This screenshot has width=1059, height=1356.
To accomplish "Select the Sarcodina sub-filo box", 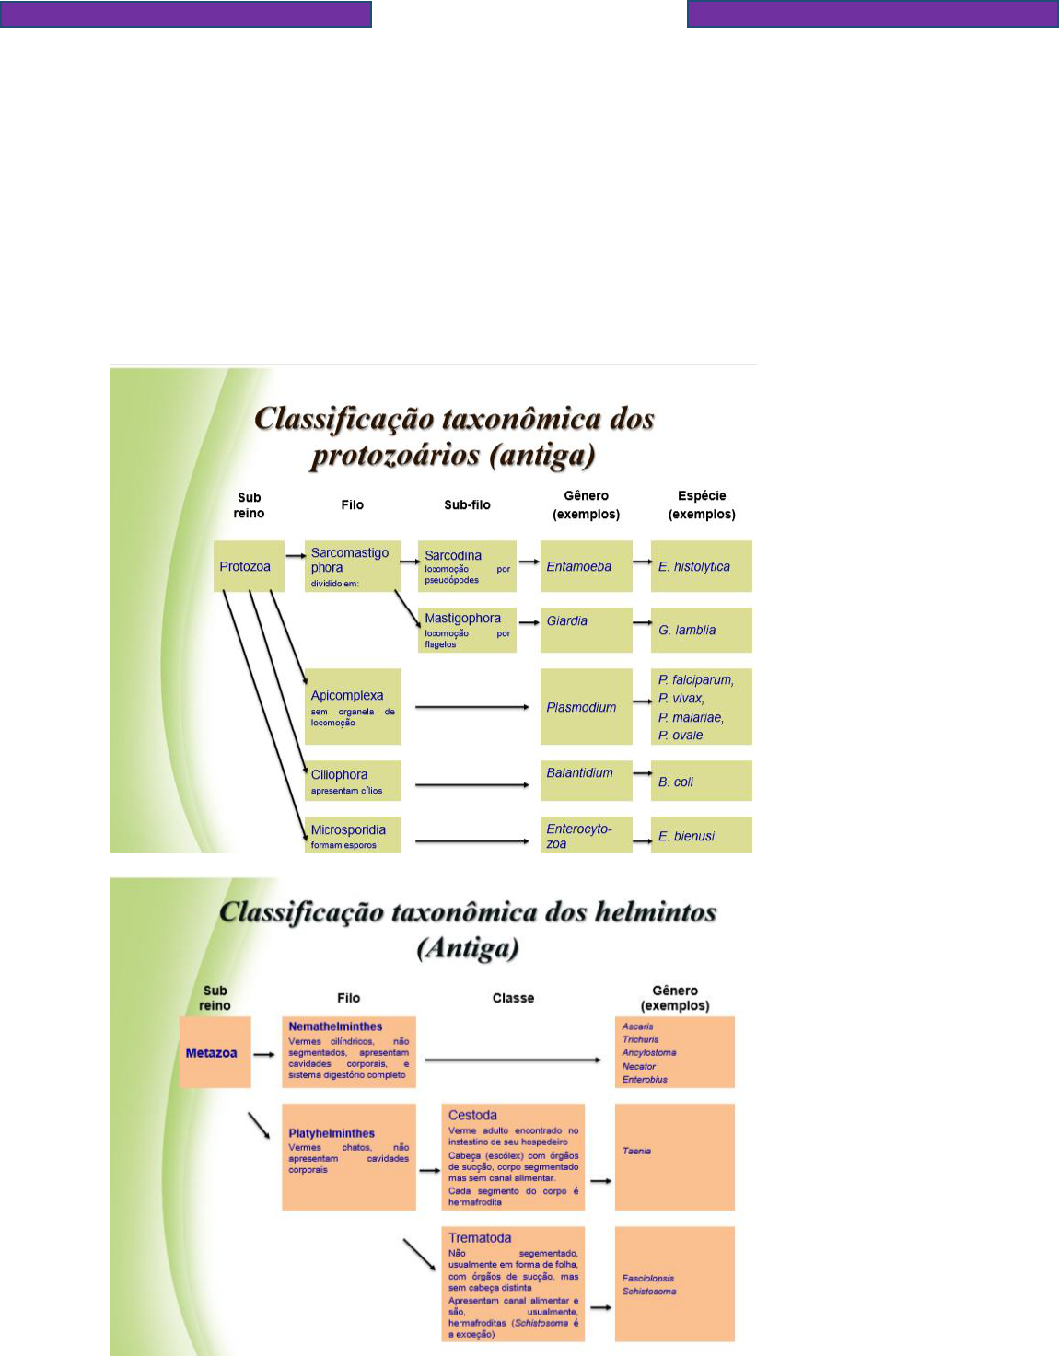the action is click(x=467, y=566).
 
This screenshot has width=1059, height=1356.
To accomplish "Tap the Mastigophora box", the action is click(x=467, y=630).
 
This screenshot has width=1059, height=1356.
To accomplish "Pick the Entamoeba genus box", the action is click(x=586, y=566).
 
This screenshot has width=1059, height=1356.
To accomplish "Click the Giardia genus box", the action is click(x=586, y=630).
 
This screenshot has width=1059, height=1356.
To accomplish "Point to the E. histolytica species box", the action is click(x=701, y=566).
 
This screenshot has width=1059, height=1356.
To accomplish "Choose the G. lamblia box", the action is click(x=701, y=630).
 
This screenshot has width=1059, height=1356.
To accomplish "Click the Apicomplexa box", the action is click(x=353, y=706).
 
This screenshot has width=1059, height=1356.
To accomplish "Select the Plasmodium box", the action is click(x=586, y=706).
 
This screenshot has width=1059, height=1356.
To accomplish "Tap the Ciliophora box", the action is click(x=353, y=781).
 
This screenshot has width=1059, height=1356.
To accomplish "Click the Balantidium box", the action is click(x=586, y=780).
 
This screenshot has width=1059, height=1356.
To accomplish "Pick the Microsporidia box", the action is click(x=353, y=835).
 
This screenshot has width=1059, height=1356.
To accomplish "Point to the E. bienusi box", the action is click(x=701, y=835).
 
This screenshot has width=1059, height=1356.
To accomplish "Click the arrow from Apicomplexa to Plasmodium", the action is click(x=471, y=707).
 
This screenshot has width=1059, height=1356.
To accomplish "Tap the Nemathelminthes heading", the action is click(x=335, y=1026).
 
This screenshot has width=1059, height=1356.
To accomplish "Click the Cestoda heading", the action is click(x=472, y=1115).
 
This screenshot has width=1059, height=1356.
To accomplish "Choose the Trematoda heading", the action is click(x=480, y=1238).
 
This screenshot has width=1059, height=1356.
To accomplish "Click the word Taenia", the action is click(x=636, y=1151).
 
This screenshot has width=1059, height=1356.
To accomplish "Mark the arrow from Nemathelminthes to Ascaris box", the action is click(x=513, y=1060).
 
